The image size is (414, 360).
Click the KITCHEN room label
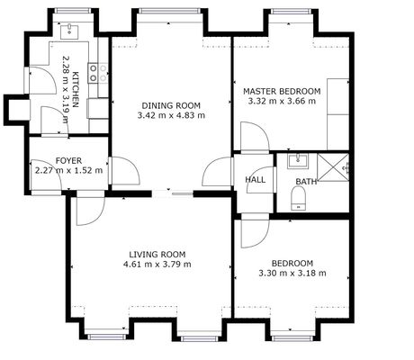pyautogui.click(x=76, y=89)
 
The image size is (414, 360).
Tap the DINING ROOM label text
pyautogui.click(x=171, y=105)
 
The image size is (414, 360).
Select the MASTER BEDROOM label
pyautogui.click(x=282, y=91)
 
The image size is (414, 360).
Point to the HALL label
pyautogui.click(x=256, y=180)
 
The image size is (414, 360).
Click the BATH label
pyautogui.click(x=306, y=182)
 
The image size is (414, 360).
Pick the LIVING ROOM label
pyautogui.click(x=157, y=255)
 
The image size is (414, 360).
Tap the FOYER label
pyautogui.click(x=68, y=161)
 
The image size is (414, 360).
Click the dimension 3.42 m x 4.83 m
pyautogui.click(x=171, y=115)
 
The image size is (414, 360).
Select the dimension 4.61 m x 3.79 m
pyautogui.click(x=157, y=265)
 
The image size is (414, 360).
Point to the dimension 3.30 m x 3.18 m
pyautogui.click(x=292, y=274)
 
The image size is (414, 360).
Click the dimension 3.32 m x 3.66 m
pyautogui.click(x=282, y=101)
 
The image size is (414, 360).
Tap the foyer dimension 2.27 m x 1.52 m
pyautogui.click(x=68, y=171)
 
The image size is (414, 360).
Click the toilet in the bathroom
pyautogui.click(x=298, y=198)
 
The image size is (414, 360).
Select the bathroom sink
pyautogui.click(x=298, y=161)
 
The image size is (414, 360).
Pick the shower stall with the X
pyautogui.click(x=333, y=167)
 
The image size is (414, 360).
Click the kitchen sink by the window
pyautogui.click(x=69, y=31)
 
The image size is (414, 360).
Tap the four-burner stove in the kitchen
pyautogui.click(x=98, y=73)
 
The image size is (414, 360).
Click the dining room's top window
pyautogui.click(x=170, y=11)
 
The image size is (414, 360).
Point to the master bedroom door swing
pyautogui.click(x=255, y=137)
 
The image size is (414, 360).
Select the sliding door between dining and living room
pyautogui.click(x=172, y=193)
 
